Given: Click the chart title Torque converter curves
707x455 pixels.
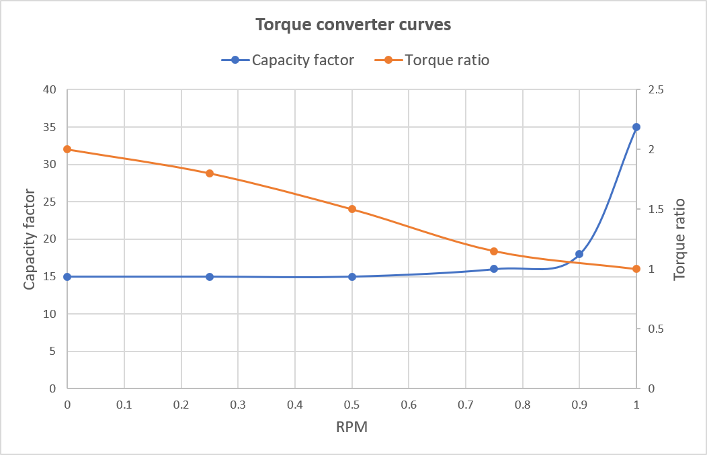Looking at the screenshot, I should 353,26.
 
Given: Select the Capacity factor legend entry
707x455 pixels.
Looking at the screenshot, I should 302,60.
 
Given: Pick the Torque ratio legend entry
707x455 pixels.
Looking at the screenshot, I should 446,60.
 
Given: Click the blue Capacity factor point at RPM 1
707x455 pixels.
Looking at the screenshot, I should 636,127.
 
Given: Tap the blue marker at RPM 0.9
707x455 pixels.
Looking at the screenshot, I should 579,254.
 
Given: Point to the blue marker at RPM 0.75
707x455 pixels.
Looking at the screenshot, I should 494,269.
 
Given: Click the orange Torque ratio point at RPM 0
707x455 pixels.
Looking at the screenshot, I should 67,149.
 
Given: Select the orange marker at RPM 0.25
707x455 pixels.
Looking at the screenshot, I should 210,173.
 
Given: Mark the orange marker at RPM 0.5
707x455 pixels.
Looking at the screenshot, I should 351,209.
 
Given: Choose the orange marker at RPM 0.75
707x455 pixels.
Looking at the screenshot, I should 494,251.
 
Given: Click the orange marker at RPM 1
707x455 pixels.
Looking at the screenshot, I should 636,269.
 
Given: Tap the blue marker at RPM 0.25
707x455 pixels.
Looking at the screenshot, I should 210,276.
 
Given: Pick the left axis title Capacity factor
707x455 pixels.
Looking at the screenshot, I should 29,239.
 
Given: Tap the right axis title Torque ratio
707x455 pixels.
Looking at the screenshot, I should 679,239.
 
